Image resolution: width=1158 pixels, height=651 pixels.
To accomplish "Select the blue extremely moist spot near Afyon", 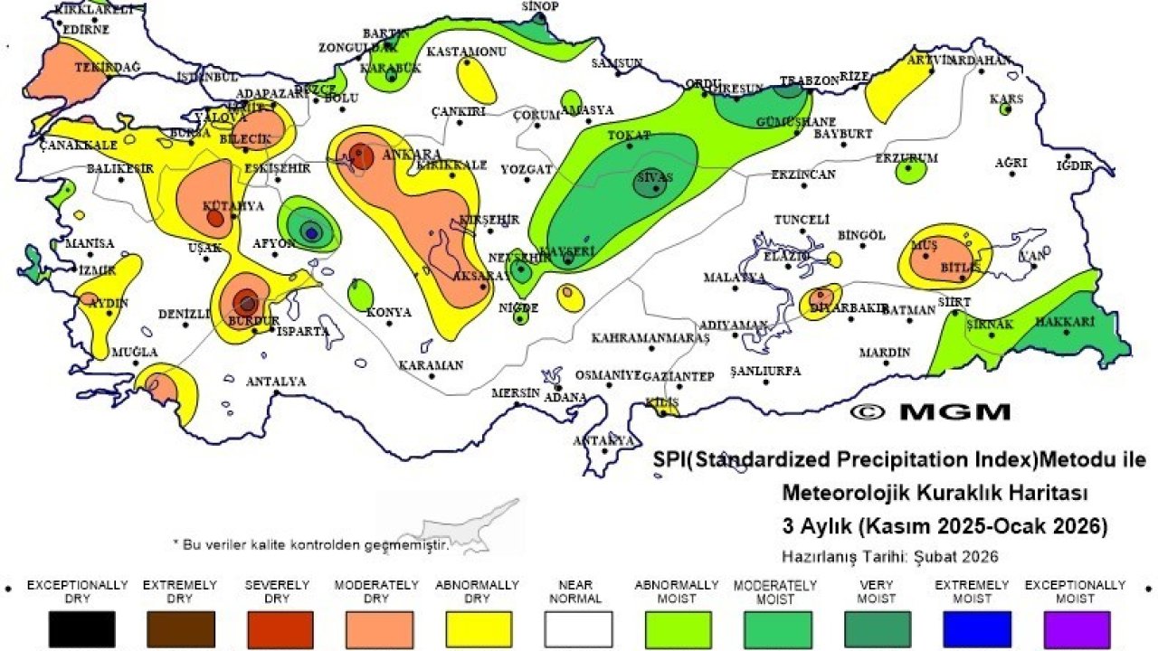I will point(311,232).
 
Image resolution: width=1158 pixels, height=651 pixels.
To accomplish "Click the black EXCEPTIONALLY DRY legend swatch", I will point(81,628).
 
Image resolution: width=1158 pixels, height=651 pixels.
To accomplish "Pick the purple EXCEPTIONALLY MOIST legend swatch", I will point(1076,628).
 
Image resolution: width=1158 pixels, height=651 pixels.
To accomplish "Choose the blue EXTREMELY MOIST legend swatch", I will point(976,628).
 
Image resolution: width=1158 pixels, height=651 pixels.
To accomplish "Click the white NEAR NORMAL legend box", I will point(578,628).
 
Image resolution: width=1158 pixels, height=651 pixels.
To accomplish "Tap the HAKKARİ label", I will point(1065,322).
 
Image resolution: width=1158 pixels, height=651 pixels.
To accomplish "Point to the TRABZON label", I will point(810,80).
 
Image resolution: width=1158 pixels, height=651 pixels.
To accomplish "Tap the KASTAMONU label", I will point(466,52).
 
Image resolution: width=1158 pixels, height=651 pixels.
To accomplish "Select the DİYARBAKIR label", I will point(848,307).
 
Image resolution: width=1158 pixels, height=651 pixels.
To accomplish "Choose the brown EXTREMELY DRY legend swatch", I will point(181,628).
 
